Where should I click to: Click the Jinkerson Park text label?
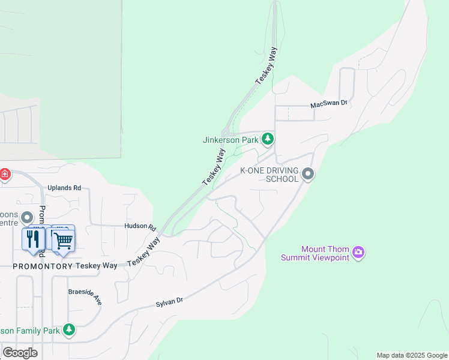231,140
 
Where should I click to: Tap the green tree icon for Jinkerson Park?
268,140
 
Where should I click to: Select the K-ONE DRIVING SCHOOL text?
270,175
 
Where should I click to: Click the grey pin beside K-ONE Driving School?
309,174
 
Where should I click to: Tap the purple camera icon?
359,252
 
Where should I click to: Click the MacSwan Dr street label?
329,104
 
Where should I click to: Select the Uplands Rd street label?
64,188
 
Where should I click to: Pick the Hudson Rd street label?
140,227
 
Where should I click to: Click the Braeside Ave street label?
84,294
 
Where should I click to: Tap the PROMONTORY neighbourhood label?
43,265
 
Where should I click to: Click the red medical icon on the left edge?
5,175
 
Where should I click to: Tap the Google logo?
20,352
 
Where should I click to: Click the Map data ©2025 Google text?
412,355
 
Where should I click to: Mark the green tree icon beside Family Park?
69,330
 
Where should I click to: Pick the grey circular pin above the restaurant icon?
27,217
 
